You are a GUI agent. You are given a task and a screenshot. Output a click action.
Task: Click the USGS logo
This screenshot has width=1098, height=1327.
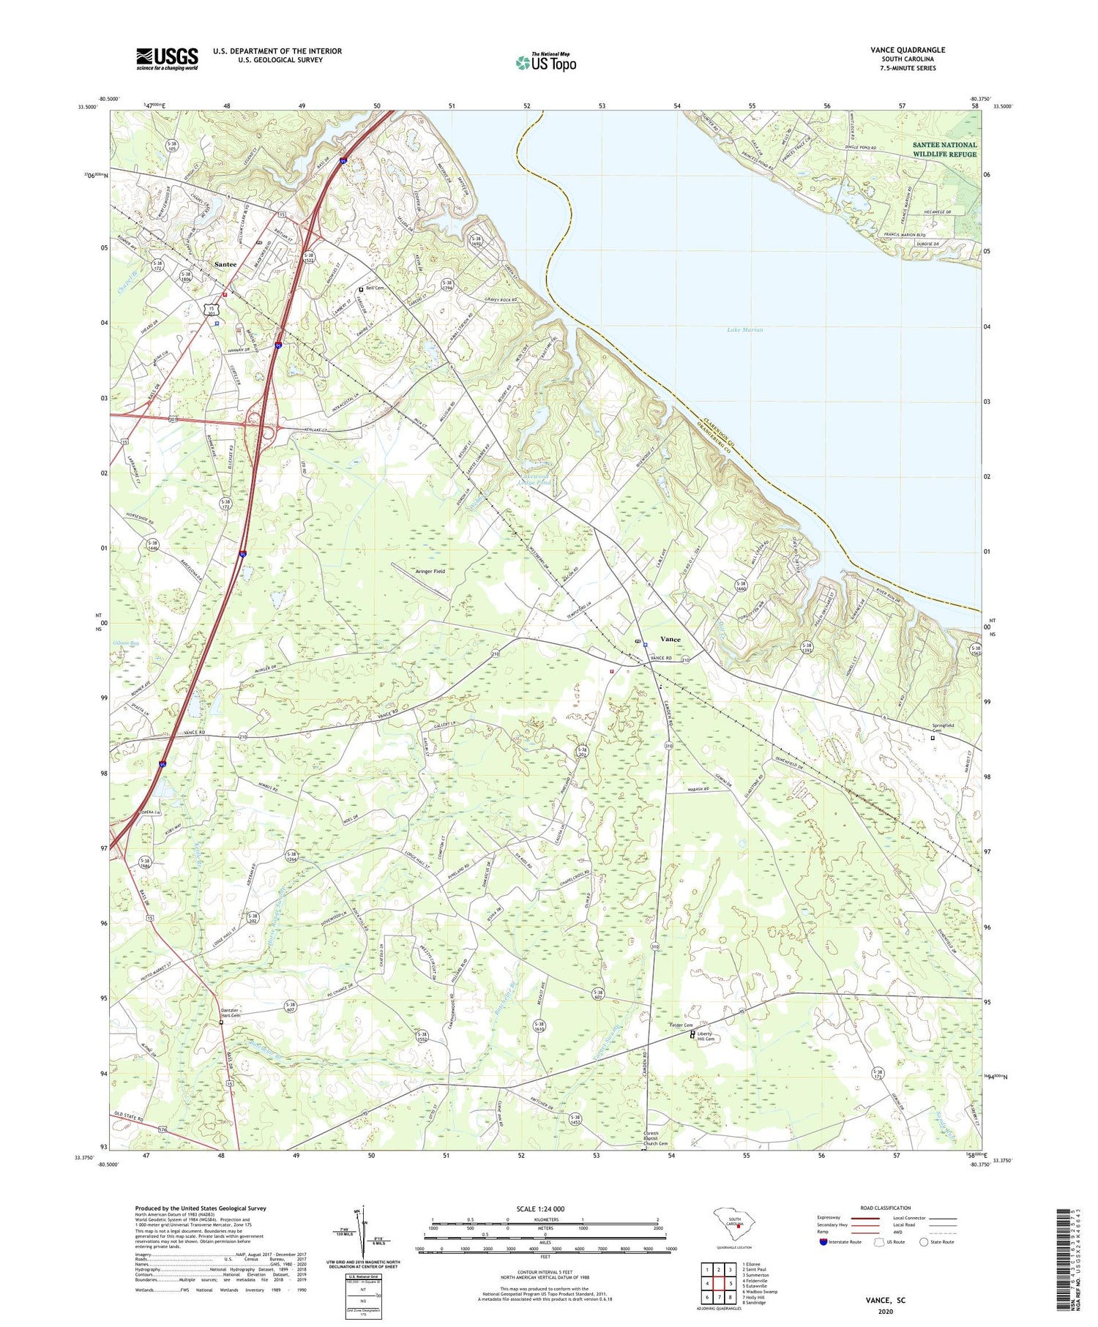(167, 59)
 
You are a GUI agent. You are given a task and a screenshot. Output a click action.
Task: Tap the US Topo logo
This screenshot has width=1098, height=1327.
(545, 63)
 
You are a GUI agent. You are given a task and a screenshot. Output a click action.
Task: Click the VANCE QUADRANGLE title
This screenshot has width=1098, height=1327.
(908, 50)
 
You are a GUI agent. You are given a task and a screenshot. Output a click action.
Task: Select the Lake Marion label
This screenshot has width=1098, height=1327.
(744, 330)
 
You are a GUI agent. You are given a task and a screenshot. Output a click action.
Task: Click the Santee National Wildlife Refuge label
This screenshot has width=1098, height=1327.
(944, 149)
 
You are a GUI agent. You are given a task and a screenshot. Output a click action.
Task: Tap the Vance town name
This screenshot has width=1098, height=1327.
(670, 639)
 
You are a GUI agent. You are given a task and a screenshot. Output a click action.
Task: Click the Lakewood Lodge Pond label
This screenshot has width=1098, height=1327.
(534, 479)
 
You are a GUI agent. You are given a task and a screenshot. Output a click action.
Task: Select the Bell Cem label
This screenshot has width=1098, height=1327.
(375, 288)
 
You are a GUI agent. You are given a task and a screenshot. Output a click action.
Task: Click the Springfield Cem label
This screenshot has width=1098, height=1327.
(943, 728)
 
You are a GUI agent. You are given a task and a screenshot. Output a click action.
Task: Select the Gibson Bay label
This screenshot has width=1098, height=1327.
(126, 643)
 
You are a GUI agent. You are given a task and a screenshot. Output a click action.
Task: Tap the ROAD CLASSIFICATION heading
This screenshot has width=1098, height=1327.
(886, 1208)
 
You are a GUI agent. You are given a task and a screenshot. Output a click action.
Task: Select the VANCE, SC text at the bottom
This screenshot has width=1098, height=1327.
(884, 1300)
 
